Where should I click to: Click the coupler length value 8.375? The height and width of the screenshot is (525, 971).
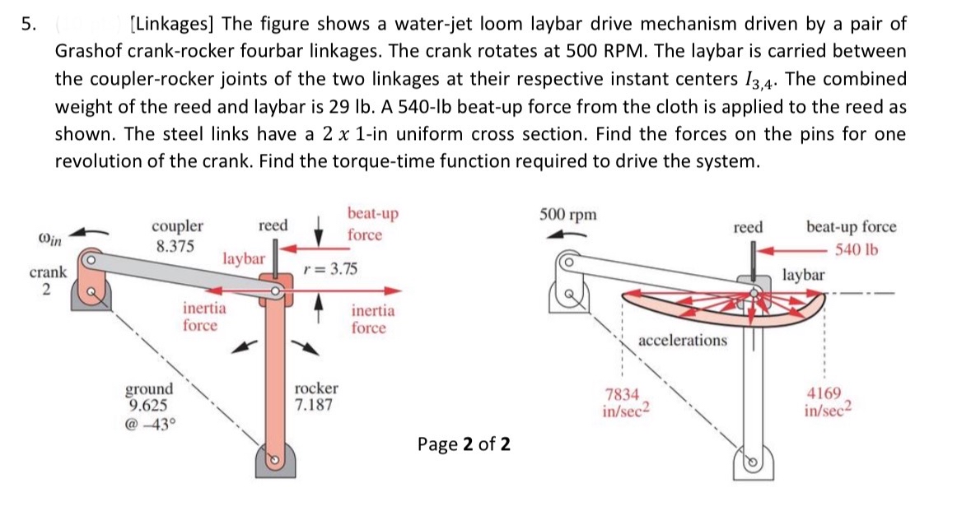pos(173,245)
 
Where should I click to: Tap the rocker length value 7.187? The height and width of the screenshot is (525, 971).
pos(315,405)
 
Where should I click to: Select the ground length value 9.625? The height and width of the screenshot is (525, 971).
pos(149,404)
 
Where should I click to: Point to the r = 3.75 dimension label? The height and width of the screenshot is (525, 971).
pos(330,270)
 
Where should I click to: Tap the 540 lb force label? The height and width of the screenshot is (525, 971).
pos(857,250)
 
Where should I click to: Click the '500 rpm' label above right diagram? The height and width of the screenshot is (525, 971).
pos(568,215)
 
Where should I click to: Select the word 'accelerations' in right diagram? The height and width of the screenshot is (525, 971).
pos(683,340)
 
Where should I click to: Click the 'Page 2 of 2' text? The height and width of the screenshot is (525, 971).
pos(464,444)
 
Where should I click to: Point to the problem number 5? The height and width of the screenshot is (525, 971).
pos(27,24)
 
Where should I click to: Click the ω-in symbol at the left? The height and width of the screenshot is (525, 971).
pos(49,239)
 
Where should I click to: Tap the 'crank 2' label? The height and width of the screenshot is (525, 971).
pos(46,280)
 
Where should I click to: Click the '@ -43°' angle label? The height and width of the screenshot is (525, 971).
pos(149,425)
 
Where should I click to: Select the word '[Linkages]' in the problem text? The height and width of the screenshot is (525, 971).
pos(171,24)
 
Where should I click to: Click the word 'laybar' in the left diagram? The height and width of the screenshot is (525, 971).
pos(243,258)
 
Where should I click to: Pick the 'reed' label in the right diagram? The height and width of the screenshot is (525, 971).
pos(748,226)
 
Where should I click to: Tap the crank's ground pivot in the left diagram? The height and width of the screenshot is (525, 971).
pos(94,290)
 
